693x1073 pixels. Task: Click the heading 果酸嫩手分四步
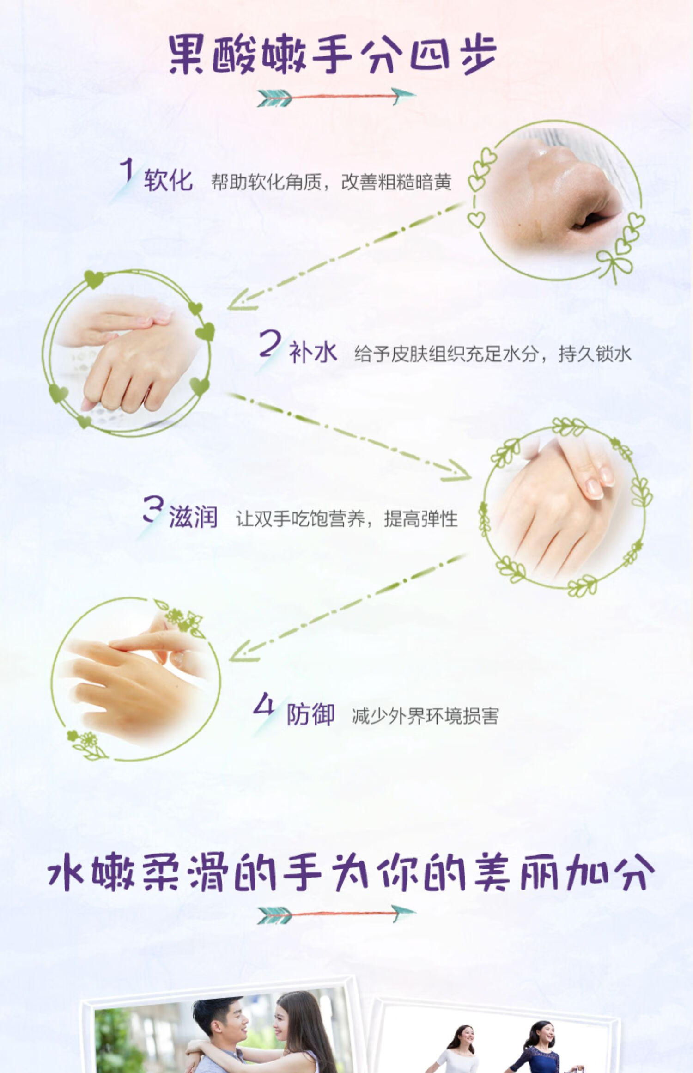point(333,55)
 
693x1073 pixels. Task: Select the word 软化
point(168,180)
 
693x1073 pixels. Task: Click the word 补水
point(313,353)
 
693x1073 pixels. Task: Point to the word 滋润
point(193,517)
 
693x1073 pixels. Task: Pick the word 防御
point(310,714)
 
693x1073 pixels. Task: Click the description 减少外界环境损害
point(425,716)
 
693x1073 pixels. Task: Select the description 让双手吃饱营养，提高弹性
point(347,519)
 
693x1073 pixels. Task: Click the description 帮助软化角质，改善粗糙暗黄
point(331,182)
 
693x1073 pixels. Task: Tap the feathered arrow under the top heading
point(336,97)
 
